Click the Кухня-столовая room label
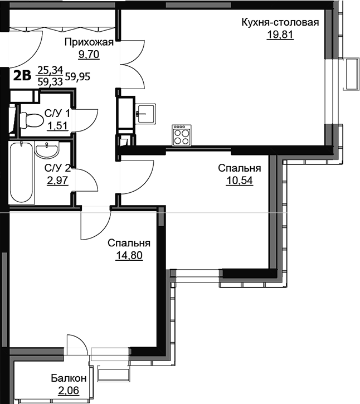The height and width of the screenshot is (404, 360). [x=280, y=22]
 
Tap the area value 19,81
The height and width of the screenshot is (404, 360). [x=280, y=34]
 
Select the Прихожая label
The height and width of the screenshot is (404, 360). [x=89, y=42]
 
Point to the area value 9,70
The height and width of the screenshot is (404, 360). [x=89, y=55]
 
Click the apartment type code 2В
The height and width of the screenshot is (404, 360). [x=22, y=75]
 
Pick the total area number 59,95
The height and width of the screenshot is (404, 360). [x=77, y=76]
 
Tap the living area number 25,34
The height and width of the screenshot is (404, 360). [x=50, y=70]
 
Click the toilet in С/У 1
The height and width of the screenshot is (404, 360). [x=31, y=120]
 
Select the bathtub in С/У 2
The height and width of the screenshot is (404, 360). [x=21, y=172]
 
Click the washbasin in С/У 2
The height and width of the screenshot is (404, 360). [x=47, y=150]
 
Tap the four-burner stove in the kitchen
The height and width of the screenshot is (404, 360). [x=182, y=135]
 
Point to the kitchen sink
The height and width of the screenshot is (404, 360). [x=146, y=113]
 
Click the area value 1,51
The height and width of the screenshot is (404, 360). [x=57, y=126]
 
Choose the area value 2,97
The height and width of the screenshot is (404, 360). [x=57, y=181]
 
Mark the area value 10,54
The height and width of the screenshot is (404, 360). [x=240, y=181]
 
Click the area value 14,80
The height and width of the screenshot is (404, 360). [x=129, y=255]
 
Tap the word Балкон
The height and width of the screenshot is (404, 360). [x=69, y=378]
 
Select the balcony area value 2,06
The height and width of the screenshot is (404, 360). [x=69, y=391]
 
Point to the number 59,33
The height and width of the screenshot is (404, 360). [x=50, y=82]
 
